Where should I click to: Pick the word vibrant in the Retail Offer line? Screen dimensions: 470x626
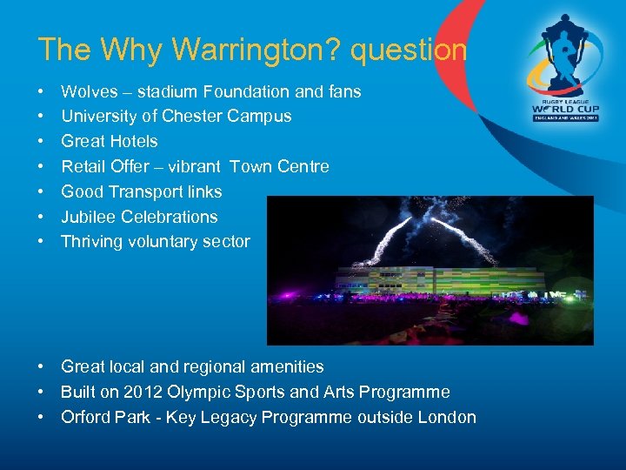tap(195, 166)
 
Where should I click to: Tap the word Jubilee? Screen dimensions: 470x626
tap(89, 217)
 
